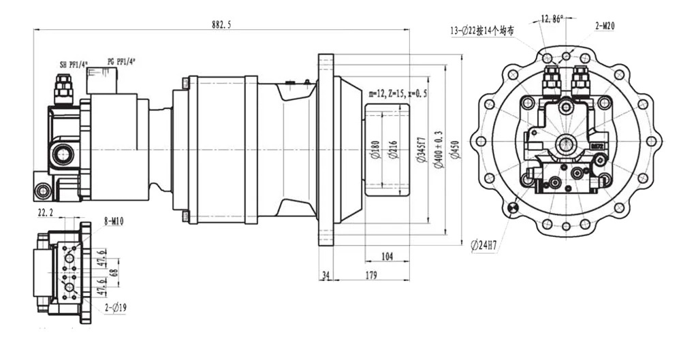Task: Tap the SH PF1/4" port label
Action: (73, 65)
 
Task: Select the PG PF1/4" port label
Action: (121, 61)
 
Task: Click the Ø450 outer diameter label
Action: (454, 149)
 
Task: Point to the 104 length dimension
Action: (386, 255)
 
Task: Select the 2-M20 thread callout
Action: (605, 26)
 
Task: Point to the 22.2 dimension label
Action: (46, 213)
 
